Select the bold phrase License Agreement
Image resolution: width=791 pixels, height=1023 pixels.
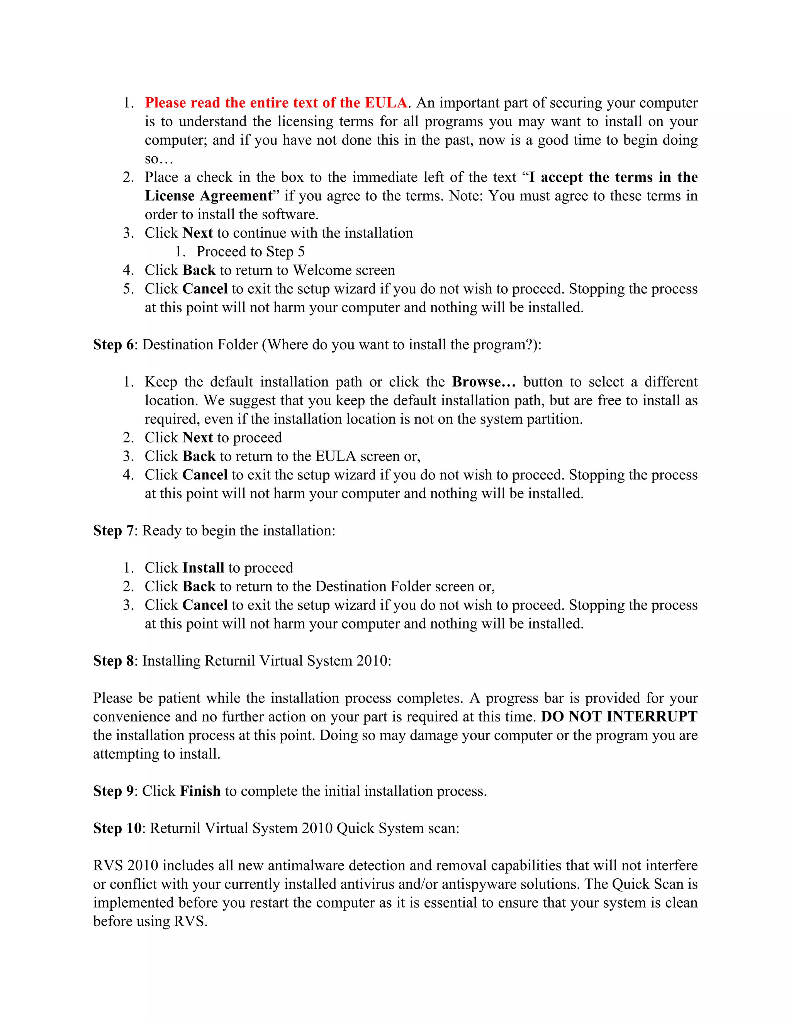tap(209, 196)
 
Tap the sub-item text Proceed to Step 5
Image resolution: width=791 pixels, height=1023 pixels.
tap(250, 252)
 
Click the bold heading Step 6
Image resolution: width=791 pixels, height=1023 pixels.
tap(114, 345)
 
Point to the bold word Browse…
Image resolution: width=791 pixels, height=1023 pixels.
tap(484, 382)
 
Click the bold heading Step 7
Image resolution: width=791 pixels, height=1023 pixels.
tap(114, 531)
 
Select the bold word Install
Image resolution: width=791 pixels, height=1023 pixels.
tap(204, 568)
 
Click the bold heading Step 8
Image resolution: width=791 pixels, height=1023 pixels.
tap(114, 661)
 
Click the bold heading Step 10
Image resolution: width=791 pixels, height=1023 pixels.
tap(117, 828)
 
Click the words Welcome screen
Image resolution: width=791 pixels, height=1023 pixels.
tap(343, 270)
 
